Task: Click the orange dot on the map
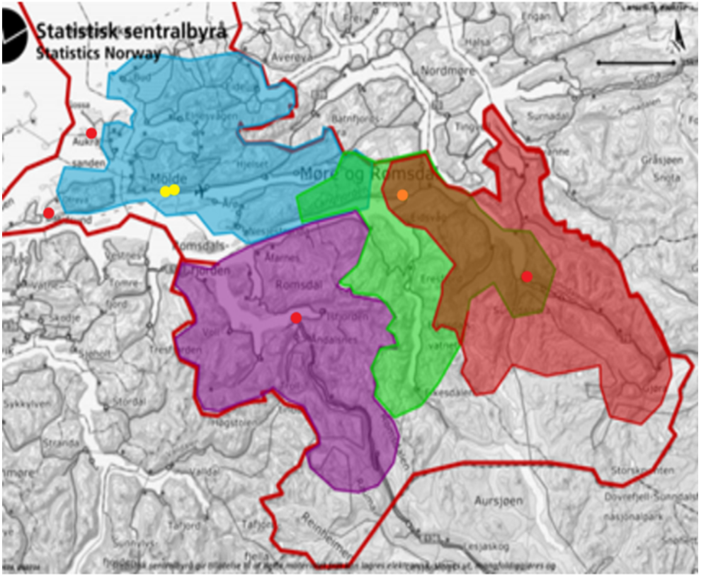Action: tap(402, 195)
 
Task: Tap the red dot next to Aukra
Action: tap(91, 133)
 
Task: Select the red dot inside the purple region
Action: tap(296, 318)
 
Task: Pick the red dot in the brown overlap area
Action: tap(526, 276)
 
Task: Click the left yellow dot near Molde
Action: tap(164, 191)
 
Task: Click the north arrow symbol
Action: tap(676, 33)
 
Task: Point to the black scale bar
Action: tap(636, 62)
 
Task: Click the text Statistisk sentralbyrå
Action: tap(131, 32)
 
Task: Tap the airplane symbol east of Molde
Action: tap(202, 191)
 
